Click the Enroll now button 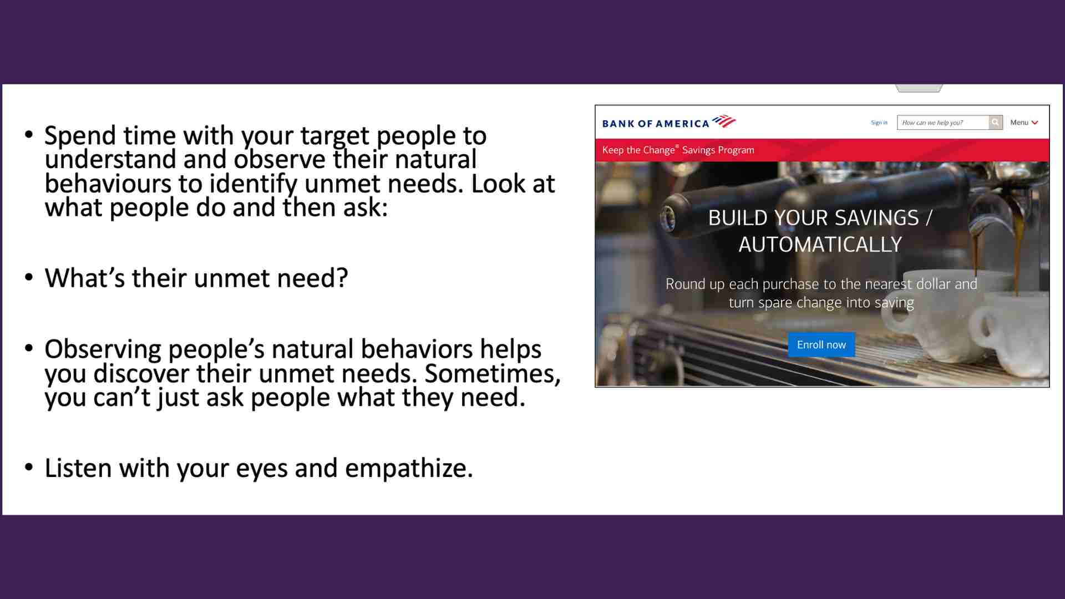821,344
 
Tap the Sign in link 879,123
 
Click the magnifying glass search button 996,122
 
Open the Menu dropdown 1024,123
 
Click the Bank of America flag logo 724,121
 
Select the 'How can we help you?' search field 943,123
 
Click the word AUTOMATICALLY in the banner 820,245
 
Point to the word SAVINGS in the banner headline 877,218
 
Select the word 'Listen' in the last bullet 78,468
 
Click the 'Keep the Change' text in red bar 638,150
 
